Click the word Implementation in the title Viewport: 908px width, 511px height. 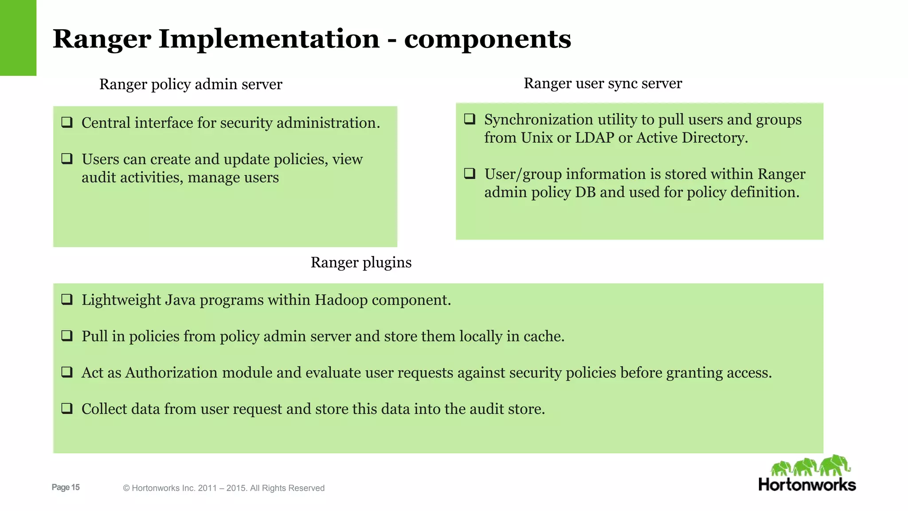click(x=269, y=39)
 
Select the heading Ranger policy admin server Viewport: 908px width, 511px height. click(x=191, y=84)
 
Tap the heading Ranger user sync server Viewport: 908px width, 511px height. click(x=603, y=83)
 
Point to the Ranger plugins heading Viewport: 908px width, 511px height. click(x=361, y=263)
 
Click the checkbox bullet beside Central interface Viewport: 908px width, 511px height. click(x=67, y=122)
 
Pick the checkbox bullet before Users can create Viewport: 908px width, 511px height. click(x=67, y=158)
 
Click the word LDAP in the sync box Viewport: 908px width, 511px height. click(x=595, y=138)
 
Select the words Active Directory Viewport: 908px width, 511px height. click(x=692, y=138)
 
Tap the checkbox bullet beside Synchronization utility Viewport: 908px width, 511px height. click(x=470, y=119)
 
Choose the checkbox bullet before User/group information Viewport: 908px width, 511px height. click(x=470, y=173)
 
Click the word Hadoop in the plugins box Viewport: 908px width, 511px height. click(x=341, y=300)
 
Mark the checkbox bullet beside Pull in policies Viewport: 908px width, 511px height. click(x=67, y=336)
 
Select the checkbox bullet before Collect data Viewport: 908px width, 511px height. click(x=67, y=408)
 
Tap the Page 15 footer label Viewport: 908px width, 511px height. click(x=66, y=487)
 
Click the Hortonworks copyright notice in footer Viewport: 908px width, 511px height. click(x=223, y=488)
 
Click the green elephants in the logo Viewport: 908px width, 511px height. click(x=810, y=466)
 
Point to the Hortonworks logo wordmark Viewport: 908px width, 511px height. click(x=807, y=485)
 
